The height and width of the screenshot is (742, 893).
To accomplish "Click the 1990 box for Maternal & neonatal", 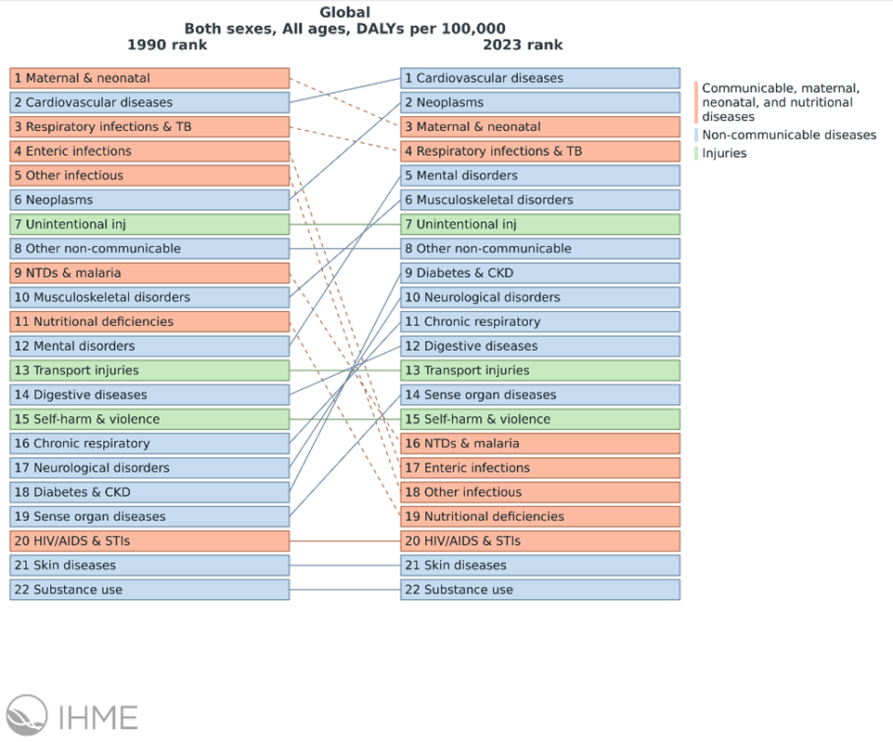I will (x=149, y=78).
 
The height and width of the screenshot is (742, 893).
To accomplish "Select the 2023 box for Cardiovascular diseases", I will (x=540, y=78).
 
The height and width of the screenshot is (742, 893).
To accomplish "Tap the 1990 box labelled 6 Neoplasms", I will (x=149, y=200).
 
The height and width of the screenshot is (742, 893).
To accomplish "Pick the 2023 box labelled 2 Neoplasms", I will (x=540, y=102).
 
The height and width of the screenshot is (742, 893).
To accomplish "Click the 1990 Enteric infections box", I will (x=149, y=151).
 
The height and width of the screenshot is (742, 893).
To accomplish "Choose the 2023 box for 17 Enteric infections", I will (x=540, y=468).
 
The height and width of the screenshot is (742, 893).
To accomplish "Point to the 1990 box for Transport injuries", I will (x=149, y=371).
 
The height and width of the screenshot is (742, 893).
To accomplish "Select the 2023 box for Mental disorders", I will (x=540, y=176).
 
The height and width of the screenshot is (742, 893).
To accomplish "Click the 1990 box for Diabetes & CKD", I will (x=149, y=492).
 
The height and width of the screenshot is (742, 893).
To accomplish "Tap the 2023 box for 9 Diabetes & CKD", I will (x=540, y=273).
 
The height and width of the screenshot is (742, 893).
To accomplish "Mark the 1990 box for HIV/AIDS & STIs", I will (x=149, y=540).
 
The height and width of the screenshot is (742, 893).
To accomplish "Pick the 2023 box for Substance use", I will (x=540, y=590).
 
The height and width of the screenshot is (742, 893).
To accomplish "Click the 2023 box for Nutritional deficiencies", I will (x=540, y=516).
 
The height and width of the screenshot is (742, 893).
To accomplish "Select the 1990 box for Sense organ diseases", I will (x=149, y=516).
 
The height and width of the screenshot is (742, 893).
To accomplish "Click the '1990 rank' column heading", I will (x=167, y=45).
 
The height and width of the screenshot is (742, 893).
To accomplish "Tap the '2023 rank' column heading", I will (x=523, y=45).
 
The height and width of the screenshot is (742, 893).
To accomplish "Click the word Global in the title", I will (x=344, y=13).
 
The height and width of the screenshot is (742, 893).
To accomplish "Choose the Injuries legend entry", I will (x=724, y=153).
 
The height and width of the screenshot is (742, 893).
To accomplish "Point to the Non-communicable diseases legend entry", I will (x=788, y=135).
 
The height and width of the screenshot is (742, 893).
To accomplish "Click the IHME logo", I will (x=71, y=717).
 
